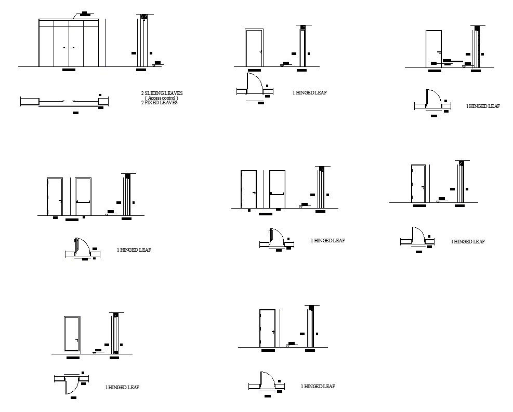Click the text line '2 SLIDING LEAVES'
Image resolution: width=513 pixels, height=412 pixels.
(x=162, y=93)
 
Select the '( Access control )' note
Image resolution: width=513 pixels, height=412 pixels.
(x=161, y=98)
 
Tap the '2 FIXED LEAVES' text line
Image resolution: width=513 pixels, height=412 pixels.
(x=160, y=103)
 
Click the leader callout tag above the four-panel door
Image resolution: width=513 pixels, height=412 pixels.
(x=85, y=13)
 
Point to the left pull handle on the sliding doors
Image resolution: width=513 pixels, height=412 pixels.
(x=65, y=48)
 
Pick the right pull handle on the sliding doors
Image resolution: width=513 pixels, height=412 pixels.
(x=73, y=48)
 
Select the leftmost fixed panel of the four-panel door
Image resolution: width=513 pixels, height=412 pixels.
(x=46, y=46)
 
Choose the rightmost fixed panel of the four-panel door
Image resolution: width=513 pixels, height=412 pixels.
(x=91, y=46)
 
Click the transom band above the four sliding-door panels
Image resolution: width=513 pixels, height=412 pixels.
(x=69, y=23)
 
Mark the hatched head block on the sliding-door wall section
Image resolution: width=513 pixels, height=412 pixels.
(x=144, y=18)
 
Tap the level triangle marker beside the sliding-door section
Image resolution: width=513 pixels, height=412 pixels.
(x=155, y=65)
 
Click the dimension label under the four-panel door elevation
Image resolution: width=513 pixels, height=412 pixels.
(x=69, y=70)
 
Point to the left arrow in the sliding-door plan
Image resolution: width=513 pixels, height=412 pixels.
(x=62, y=100)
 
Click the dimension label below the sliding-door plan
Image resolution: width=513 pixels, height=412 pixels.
(x=75, y=113)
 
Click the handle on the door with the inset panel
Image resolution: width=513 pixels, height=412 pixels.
(x=77, y=340)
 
